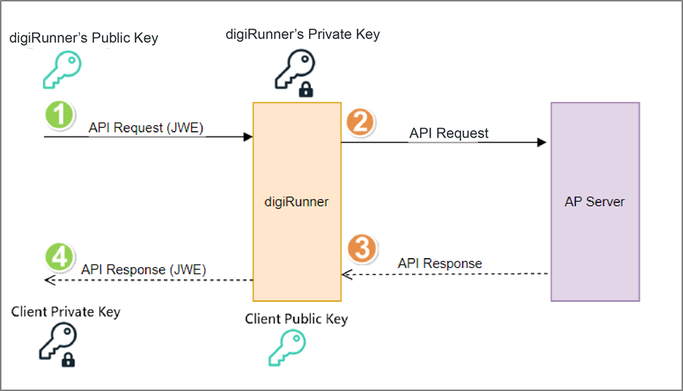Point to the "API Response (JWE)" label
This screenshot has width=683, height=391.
pyautogui.click(x=144, y=269)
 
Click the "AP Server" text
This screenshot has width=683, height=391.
pyautogui.click(x=595, y=202)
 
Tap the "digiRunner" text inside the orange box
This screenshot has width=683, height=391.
pyautogui.click(x=297, y=202)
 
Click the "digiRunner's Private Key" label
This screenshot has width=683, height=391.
pyautogui.click(x=303, y=33)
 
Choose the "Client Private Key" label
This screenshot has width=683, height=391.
pyautogui.click(x=66, y=312)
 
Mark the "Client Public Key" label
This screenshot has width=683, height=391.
pyautogui.click(x=296, y=319)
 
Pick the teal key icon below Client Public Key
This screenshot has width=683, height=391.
pyautogui.click(x=286, y=348)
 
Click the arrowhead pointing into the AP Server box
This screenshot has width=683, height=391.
pyautogui.click(x=542, y=142)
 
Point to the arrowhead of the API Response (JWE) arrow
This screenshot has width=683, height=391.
pyautogui.click(x=49, y=280)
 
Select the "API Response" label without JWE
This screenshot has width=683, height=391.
pyautogui.click(x=440, y=263)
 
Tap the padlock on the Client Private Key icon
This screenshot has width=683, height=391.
pyautogui.click(x=68, y=361)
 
